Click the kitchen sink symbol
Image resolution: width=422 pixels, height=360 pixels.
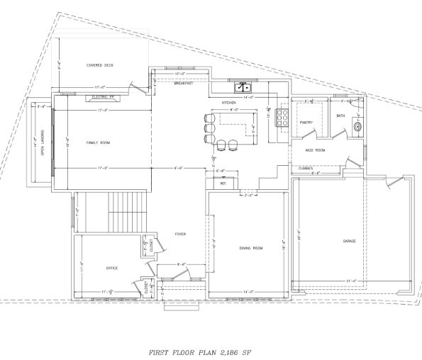(x=243, y=88)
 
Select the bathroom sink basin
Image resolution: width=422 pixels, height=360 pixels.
(x=357, y=128)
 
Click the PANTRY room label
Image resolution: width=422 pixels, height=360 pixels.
(x=306, y=123)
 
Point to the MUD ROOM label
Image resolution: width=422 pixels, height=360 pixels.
(x=315, y=150)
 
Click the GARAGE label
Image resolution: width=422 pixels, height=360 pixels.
(x=350, y=241)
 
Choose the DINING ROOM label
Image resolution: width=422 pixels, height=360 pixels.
(x=251, y=248)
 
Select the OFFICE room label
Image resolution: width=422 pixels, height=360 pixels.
(x=111, y=268)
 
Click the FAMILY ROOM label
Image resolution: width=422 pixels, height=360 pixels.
(x=100, y=143)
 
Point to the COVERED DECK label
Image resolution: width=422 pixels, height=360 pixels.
(x=100, y=65)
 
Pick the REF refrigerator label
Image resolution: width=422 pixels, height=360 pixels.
(x=223, y=184)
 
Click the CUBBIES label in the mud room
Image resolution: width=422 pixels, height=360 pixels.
(x=306, y=168)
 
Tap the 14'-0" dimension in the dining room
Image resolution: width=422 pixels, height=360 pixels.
(x=248, y=292)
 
